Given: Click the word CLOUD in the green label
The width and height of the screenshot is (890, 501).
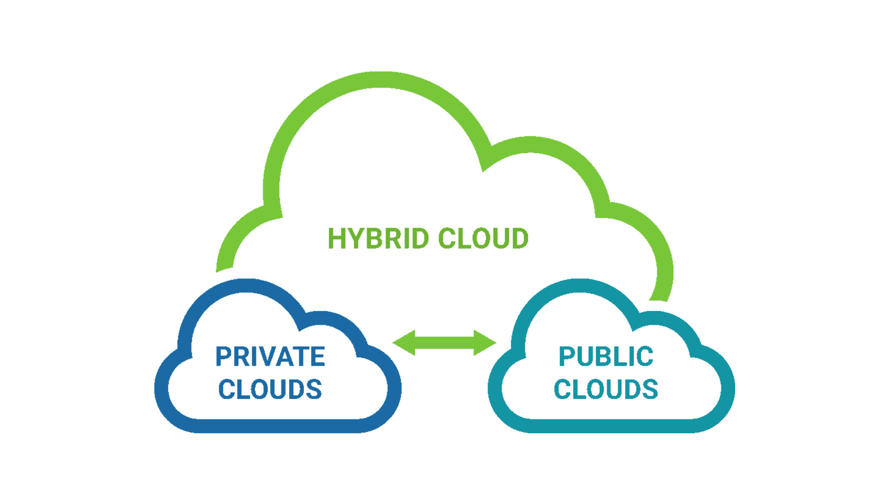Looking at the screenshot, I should tap(483, 238).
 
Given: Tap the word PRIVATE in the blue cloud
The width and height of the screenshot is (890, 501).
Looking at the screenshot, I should tap(270, 357).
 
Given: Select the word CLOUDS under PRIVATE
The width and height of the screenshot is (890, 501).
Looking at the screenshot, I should tap(270, 388).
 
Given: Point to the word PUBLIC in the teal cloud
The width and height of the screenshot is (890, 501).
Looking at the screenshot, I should tap(606, 357).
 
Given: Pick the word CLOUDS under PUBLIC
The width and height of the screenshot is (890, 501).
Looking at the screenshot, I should tap(606, 388).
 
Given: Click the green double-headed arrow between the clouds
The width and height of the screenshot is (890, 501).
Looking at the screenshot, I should tap(444, 343).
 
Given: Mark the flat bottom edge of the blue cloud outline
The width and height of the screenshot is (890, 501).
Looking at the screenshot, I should tap(278, 425).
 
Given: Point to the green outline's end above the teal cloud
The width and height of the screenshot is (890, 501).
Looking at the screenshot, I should tap(660, 297).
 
